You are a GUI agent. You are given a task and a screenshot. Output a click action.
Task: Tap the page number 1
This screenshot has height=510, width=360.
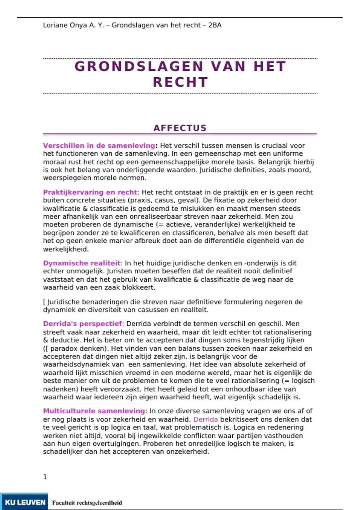point(45,477)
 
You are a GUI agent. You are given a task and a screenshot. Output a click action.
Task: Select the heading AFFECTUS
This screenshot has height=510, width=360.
point(180,128)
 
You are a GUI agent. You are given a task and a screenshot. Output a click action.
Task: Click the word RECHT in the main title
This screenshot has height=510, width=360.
point(180,82)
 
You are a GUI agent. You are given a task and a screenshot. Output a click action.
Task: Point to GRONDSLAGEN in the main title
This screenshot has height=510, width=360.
point(139,66)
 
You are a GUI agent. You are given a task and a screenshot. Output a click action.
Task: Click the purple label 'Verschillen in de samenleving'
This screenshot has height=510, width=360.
point(99,145)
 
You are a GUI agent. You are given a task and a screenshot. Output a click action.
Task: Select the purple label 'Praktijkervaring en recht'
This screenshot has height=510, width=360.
point(90,192)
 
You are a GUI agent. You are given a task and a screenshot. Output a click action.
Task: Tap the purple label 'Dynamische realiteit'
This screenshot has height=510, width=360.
point(82,263)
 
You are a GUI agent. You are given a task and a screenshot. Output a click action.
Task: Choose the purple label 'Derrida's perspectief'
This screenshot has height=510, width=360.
point(82,324)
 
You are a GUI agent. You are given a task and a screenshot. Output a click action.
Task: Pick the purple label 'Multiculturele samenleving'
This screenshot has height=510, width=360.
point(94,411)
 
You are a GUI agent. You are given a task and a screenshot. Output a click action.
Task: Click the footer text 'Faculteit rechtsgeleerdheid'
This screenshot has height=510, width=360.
point(87,502)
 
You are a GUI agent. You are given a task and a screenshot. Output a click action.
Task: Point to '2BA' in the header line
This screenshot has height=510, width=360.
point(215,25)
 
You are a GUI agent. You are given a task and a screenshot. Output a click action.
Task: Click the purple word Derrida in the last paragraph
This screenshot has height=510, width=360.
point(205,419)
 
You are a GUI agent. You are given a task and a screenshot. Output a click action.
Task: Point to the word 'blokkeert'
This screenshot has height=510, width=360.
point(141,287)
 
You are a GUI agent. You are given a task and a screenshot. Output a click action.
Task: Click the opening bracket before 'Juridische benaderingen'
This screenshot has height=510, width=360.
point(44,302)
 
